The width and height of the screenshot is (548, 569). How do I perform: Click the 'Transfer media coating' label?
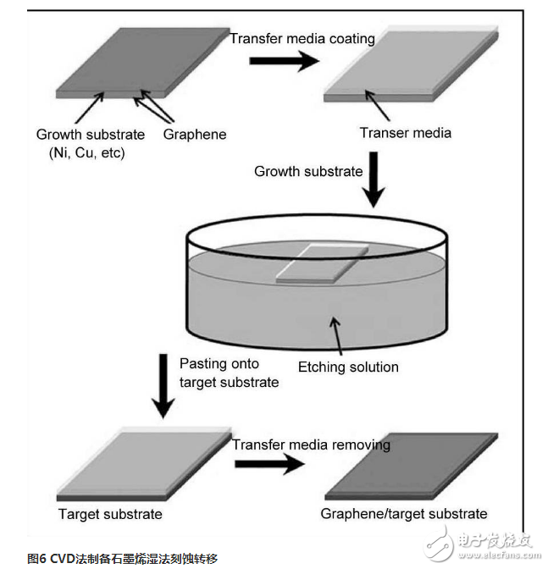point(302,38)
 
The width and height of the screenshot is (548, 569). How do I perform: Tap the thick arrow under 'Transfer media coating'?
point(284,61)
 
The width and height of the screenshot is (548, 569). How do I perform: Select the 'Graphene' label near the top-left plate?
point(195,135)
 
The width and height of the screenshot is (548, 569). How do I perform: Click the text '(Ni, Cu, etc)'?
point(86,152)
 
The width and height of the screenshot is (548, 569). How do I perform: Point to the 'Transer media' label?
point(406,133)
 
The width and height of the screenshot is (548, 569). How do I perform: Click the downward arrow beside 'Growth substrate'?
point(374,180)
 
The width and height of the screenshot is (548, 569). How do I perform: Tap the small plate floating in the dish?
point(322,264)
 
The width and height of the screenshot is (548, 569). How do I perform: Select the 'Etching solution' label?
point(348,367)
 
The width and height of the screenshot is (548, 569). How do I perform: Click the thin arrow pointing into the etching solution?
point(335,335)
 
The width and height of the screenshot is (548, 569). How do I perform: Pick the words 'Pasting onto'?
point(219,363)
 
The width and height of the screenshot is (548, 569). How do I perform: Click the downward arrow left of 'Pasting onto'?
point(163,386)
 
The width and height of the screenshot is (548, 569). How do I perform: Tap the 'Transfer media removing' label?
point(311,445)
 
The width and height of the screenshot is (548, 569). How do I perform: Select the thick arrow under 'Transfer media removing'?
point(269,464)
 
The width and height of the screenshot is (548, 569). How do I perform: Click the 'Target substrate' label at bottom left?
point(110,514)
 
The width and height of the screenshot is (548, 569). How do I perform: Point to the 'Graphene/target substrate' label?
point(404,514)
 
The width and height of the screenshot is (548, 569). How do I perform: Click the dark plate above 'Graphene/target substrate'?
point(411,467)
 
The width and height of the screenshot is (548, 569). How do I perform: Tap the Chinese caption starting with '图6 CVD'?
point(122,558)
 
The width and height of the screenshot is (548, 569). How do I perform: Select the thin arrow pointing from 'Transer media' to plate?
point(378,105)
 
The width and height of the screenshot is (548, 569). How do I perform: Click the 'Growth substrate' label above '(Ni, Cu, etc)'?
point(91,135)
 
